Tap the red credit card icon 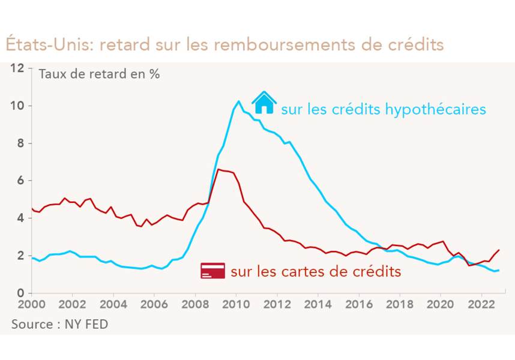point(212,271)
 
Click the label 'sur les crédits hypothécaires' point(383,109)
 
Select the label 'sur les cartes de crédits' point(316,271)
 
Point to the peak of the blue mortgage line point(238,101)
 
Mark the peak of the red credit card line point(218,170)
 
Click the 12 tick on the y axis point(17,68)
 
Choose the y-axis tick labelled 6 point(20,181)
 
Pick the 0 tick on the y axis point(20,293)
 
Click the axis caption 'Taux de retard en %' point(99,75)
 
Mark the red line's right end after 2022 point(499,250)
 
